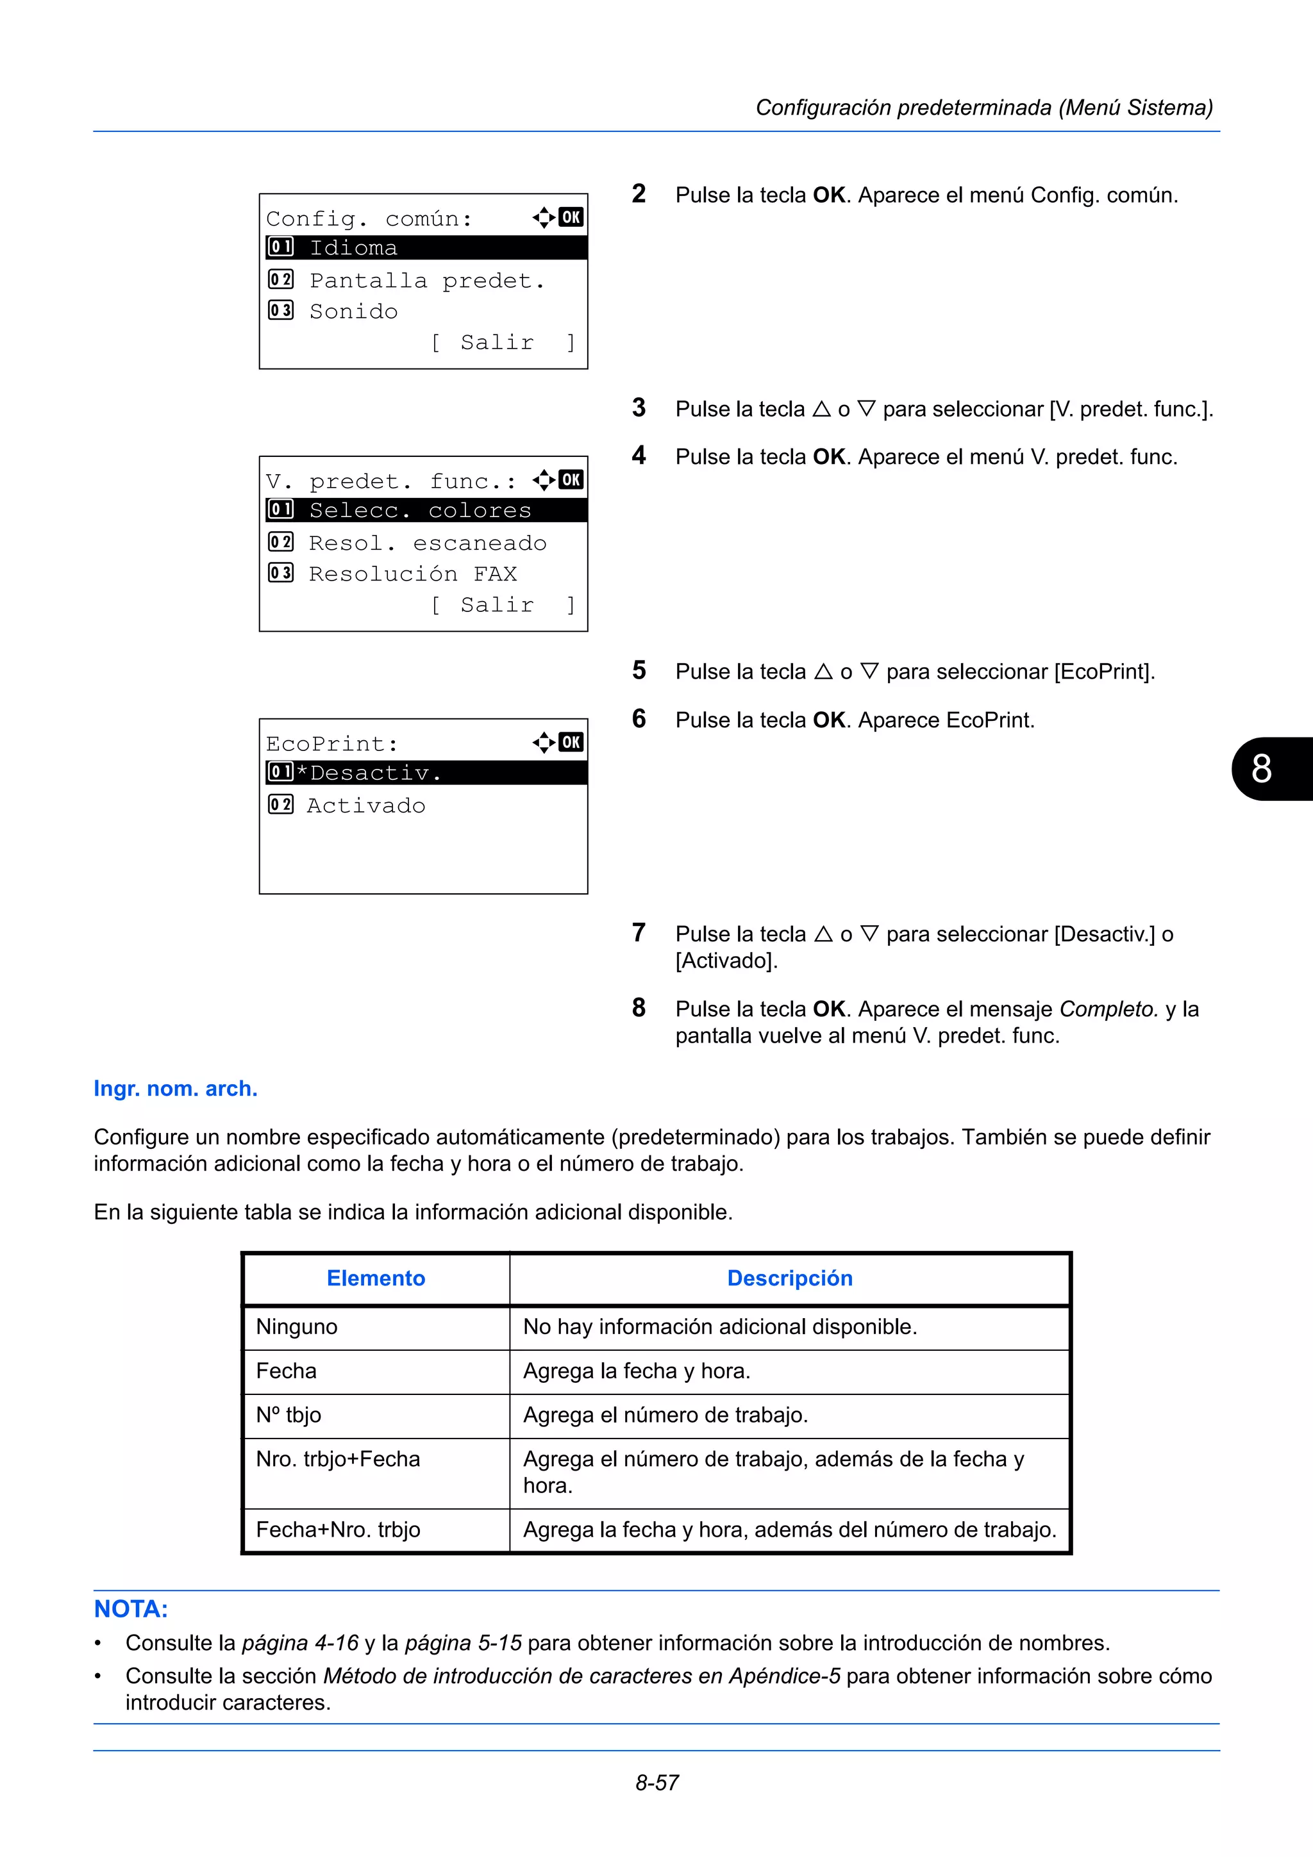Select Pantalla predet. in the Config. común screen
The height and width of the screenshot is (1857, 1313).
pyautogui.click(x=426, y=281)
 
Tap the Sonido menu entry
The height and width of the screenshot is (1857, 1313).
pyautogui.click(x=353, y=311)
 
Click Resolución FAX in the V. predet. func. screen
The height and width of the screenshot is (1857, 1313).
pyautogui.click(x=413, y=574)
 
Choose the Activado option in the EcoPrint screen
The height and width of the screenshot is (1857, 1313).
pyautogui.click(x=365, y=805)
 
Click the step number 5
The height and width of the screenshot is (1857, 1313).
pyautogui.click(x=639, y=670)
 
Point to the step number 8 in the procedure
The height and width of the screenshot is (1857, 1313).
pyautogui.click(x=639, y=1008)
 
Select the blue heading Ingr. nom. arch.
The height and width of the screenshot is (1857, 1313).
pyautogui.click(x=176, y=1089)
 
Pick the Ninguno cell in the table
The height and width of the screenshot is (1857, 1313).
pyautogui.click(x=297, y=1327)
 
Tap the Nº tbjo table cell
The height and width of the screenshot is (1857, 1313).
pyautogui.click(x=289, y=1415)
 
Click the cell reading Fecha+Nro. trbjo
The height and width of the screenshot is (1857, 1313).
pyautogui.click(x=338, y=1530)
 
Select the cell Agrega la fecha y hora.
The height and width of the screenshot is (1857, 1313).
pyautogui.click(x=637, y=1371)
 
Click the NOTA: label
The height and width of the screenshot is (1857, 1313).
pyautogui.click(x=131, y=1610)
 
